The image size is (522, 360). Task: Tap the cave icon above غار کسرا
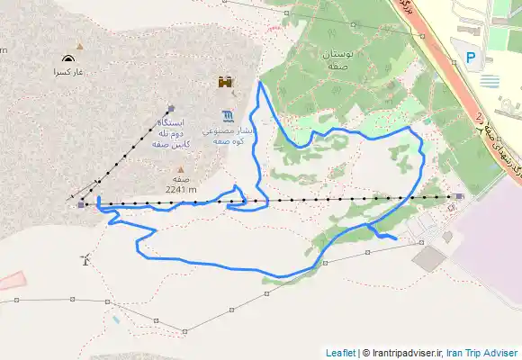[67, 58]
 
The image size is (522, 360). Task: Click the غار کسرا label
[67, 71]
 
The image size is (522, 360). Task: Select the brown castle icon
[225, 82]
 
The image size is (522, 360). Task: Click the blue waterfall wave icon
[227, 115]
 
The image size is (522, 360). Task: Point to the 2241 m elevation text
[181, 189]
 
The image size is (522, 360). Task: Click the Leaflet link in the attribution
[340, 353]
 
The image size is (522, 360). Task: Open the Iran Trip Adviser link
[482, 353]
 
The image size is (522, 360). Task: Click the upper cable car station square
[170, 108]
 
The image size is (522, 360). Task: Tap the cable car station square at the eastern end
[460, 196]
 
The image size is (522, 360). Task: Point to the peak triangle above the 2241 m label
[181, 168]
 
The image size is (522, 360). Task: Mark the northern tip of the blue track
[259, 83]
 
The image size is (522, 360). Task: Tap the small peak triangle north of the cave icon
[79, 46]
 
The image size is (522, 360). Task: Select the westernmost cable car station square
[81, 204]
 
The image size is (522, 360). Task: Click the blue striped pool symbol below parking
[490, 81]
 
